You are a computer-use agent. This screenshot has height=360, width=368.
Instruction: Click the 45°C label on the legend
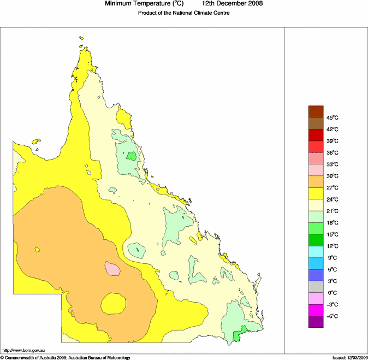(x=333, y=117)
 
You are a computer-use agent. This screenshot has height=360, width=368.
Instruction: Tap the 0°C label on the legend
(x=332, y=293)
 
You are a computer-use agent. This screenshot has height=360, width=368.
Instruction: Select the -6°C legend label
(x=333, y=316)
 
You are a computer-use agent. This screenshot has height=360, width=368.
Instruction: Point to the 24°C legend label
(x=333, y=199)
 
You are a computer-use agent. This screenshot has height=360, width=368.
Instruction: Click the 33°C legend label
(x=333, y=164)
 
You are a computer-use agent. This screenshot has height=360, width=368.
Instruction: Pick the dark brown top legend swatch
(x=316, y=111)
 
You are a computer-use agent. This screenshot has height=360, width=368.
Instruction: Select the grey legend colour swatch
(x=316, y=287)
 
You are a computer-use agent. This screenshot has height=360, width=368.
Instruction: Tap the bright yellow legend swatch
(x=316, y=193)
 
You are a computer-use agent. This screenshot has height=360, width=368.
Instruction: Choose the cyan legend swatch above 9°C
(x=316, y=252)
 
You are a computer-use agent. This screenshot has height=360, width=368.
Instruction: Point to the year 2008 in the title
(x=254, y=4)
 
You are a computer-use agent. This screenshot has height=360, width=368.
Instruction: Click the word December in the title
(x=230, y=4)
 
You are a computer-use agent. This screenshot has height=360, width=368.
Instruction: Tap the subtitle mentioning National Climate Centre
(x=183, y=13)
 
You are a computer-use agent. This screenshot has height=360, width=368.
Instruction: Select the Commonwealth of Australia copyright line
(x=66, y=357)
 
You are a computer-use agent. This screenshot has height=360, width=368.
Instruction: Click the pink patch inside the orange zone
(x=112, y=268)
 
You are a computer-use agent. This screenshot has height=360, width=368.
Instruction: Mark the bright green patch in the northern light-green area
(x=130, y=156)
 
